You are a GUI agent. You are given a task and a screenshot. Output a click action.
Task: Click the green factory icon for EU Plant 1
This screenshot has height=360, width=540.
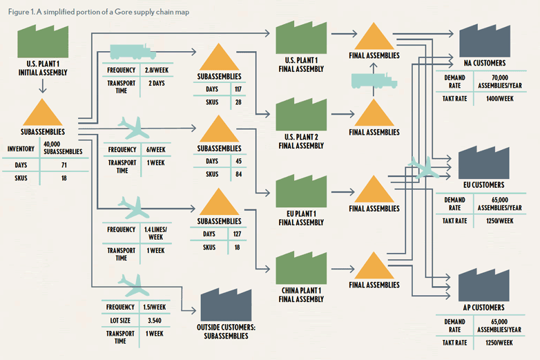[300, 193]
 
